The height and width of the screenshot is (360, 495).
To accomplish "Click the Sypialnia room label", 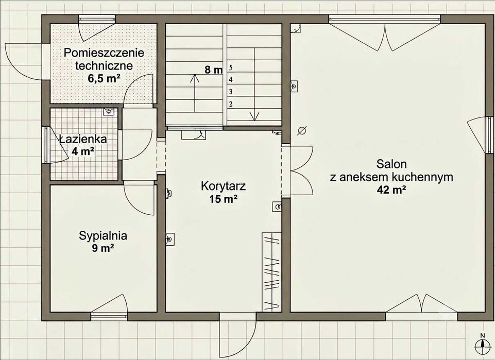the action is pyautogui.click(x=103, y=236).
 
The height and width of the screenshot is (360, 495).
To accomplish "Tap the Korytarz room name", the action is pyautogui.click(x=223, y=186).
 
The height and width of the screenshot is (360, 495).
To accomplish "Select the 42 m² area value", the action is pyautogui.click(x=391, y=190).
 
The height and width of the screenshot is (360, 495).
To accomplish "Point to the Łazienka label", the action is pyautogui.click(x=83, y=139).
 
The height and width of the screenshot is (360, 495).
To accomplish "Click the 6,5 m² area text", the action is pyautogui.click(x=104, y=78).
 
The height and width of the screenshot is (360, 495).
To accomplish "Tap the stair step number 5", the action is pyautogui.click(x=231, y=67).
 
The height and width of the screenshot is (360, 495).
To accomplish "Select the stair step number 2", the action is pyautogui.click(x=231, y=104).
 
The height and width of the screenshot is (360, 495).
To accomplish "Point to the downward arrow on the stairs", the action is pyautogui.click(x=253, y=84).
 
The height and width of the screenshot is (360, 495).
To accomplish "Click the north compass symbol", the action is pyautogui.click(x=482, y=344).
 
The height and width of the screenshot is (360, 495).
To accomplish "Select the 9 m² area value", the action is pyautogui.click(x=103, y=248).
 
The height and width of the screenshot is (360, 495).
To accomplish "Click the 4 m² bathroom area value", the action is pyautogui.click(x=83, y=151).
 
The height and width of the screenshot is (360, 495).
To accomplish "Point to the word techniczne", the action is pyautogui.click(x=104, y=65).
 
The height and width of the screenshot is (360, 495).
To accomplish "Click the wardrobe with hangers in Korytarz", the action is pyautogui.click(x=271, y=272).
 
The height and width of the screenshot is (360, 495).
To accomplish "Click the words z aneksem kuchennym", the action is pyautogui.click(x=391, y=177).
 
